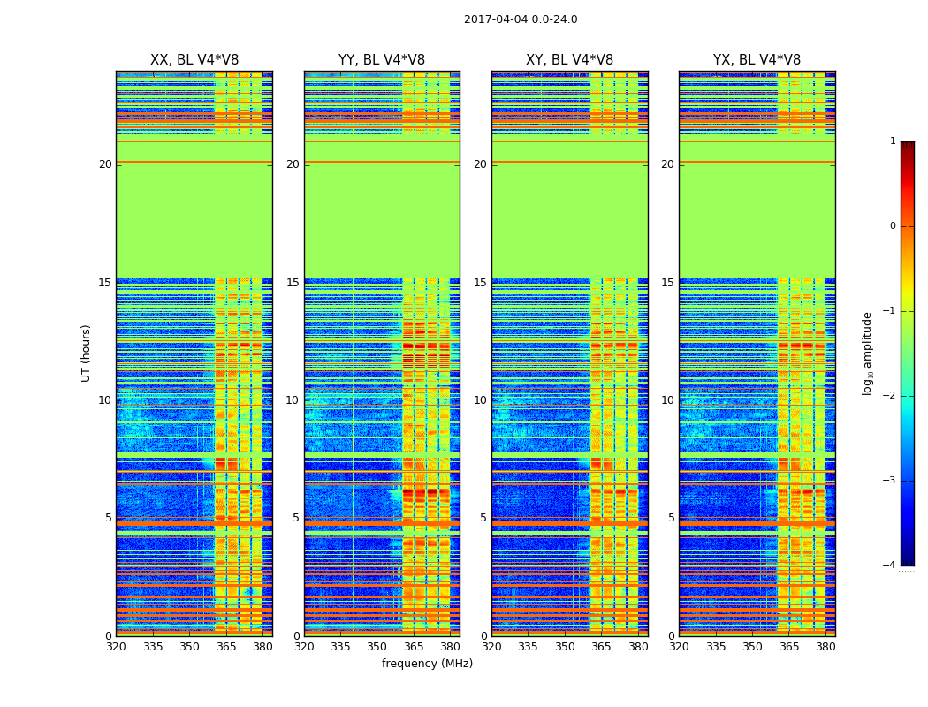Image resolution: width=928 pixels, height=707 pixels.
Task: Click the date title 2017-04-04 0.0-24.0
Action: tap(521, 19)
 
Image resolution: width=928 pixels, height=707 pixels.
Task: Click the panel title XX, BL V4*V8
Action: tap(194, 60)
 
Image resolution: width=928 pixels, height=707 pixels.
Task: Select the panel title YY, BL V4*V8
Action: tap(382, 60)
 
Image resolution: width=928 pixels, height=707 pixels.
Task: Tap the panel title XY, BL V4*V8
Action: tap(569, 60)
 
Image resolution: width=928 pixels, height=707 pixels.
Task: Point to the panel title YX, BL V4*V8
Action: tap(757, 60)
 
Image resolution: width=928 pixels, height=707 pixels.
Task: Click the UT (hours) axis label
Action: tap(87, 353)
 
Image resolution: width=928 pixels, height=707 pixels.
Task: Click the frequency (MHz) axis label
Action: tap(427, 664)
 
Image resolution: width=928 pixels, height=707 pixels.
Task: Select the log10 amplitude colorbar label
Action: tap(868, 353)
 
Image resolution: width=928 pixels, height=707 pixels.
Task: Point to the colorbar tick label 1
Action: tap(893, 141)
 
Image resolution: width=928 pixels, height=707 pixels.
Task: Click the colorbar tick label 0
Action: tap(893, 226)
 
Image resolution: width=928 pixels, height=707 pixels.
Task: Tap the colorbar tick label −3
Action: tap(890, 481)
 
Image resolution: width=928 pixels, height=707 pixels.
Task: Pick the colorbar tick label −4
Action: tap(890, 566)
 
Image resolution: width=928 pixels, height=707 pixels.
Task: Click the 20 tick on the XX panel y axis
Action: tap(105, 164)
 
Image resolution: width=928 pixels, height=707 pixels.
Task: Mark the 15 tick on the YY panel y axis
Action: tap(293, 283)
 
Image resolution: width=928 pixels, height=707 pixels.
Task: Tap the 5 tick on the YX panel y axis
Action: tap(671, 518)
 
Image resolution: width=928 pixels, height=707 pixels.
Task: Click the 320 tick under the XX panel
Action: tap(116, 646)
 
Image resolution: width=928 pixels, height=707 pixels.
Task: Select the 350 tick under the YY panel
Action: tap(377, 646)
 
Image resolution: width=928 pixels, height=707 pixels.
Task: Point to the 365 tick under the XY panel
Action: tap(601, 646)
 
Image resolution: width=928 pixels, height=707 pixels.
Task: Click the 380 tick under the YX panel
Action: tap(825, 646)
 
